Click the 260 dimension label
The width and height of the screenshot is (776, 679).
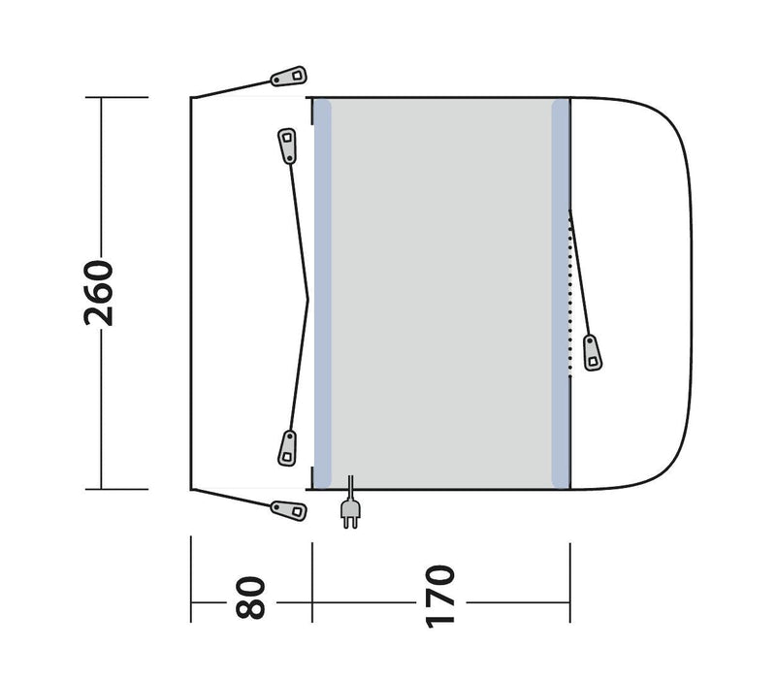(101, 293)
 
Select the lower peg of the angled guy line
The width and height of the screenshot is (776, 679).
(288, 445)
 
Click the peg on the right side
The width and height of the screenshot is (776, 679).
(591, 351)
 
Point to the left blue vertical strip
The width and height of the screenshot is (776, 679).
(322, 293)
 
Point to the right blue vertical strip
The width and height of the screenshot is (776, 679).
(560, 293)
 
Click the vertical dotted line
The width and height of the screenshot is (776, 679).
(571, 291)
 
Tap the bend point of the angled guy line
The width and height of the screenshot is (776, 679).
(309, 294)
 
